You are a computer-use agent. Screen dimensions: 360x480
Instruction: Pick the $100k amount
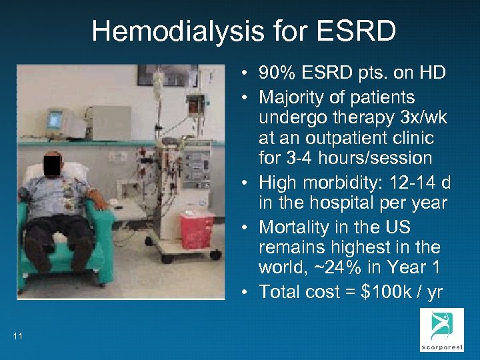[x=373, y=291]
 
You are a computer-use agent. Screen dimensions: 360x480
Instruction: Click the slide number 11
[x=17, y=336]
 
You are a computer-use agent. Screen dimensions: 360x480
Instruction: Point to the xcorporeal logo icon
[x=436, y=328]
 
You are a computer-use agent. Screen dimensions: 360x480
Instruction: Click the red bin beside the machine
[x=197, y=230]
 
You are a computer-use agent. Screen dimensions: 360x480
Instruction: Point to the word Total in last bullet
[x=279, y=291]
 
